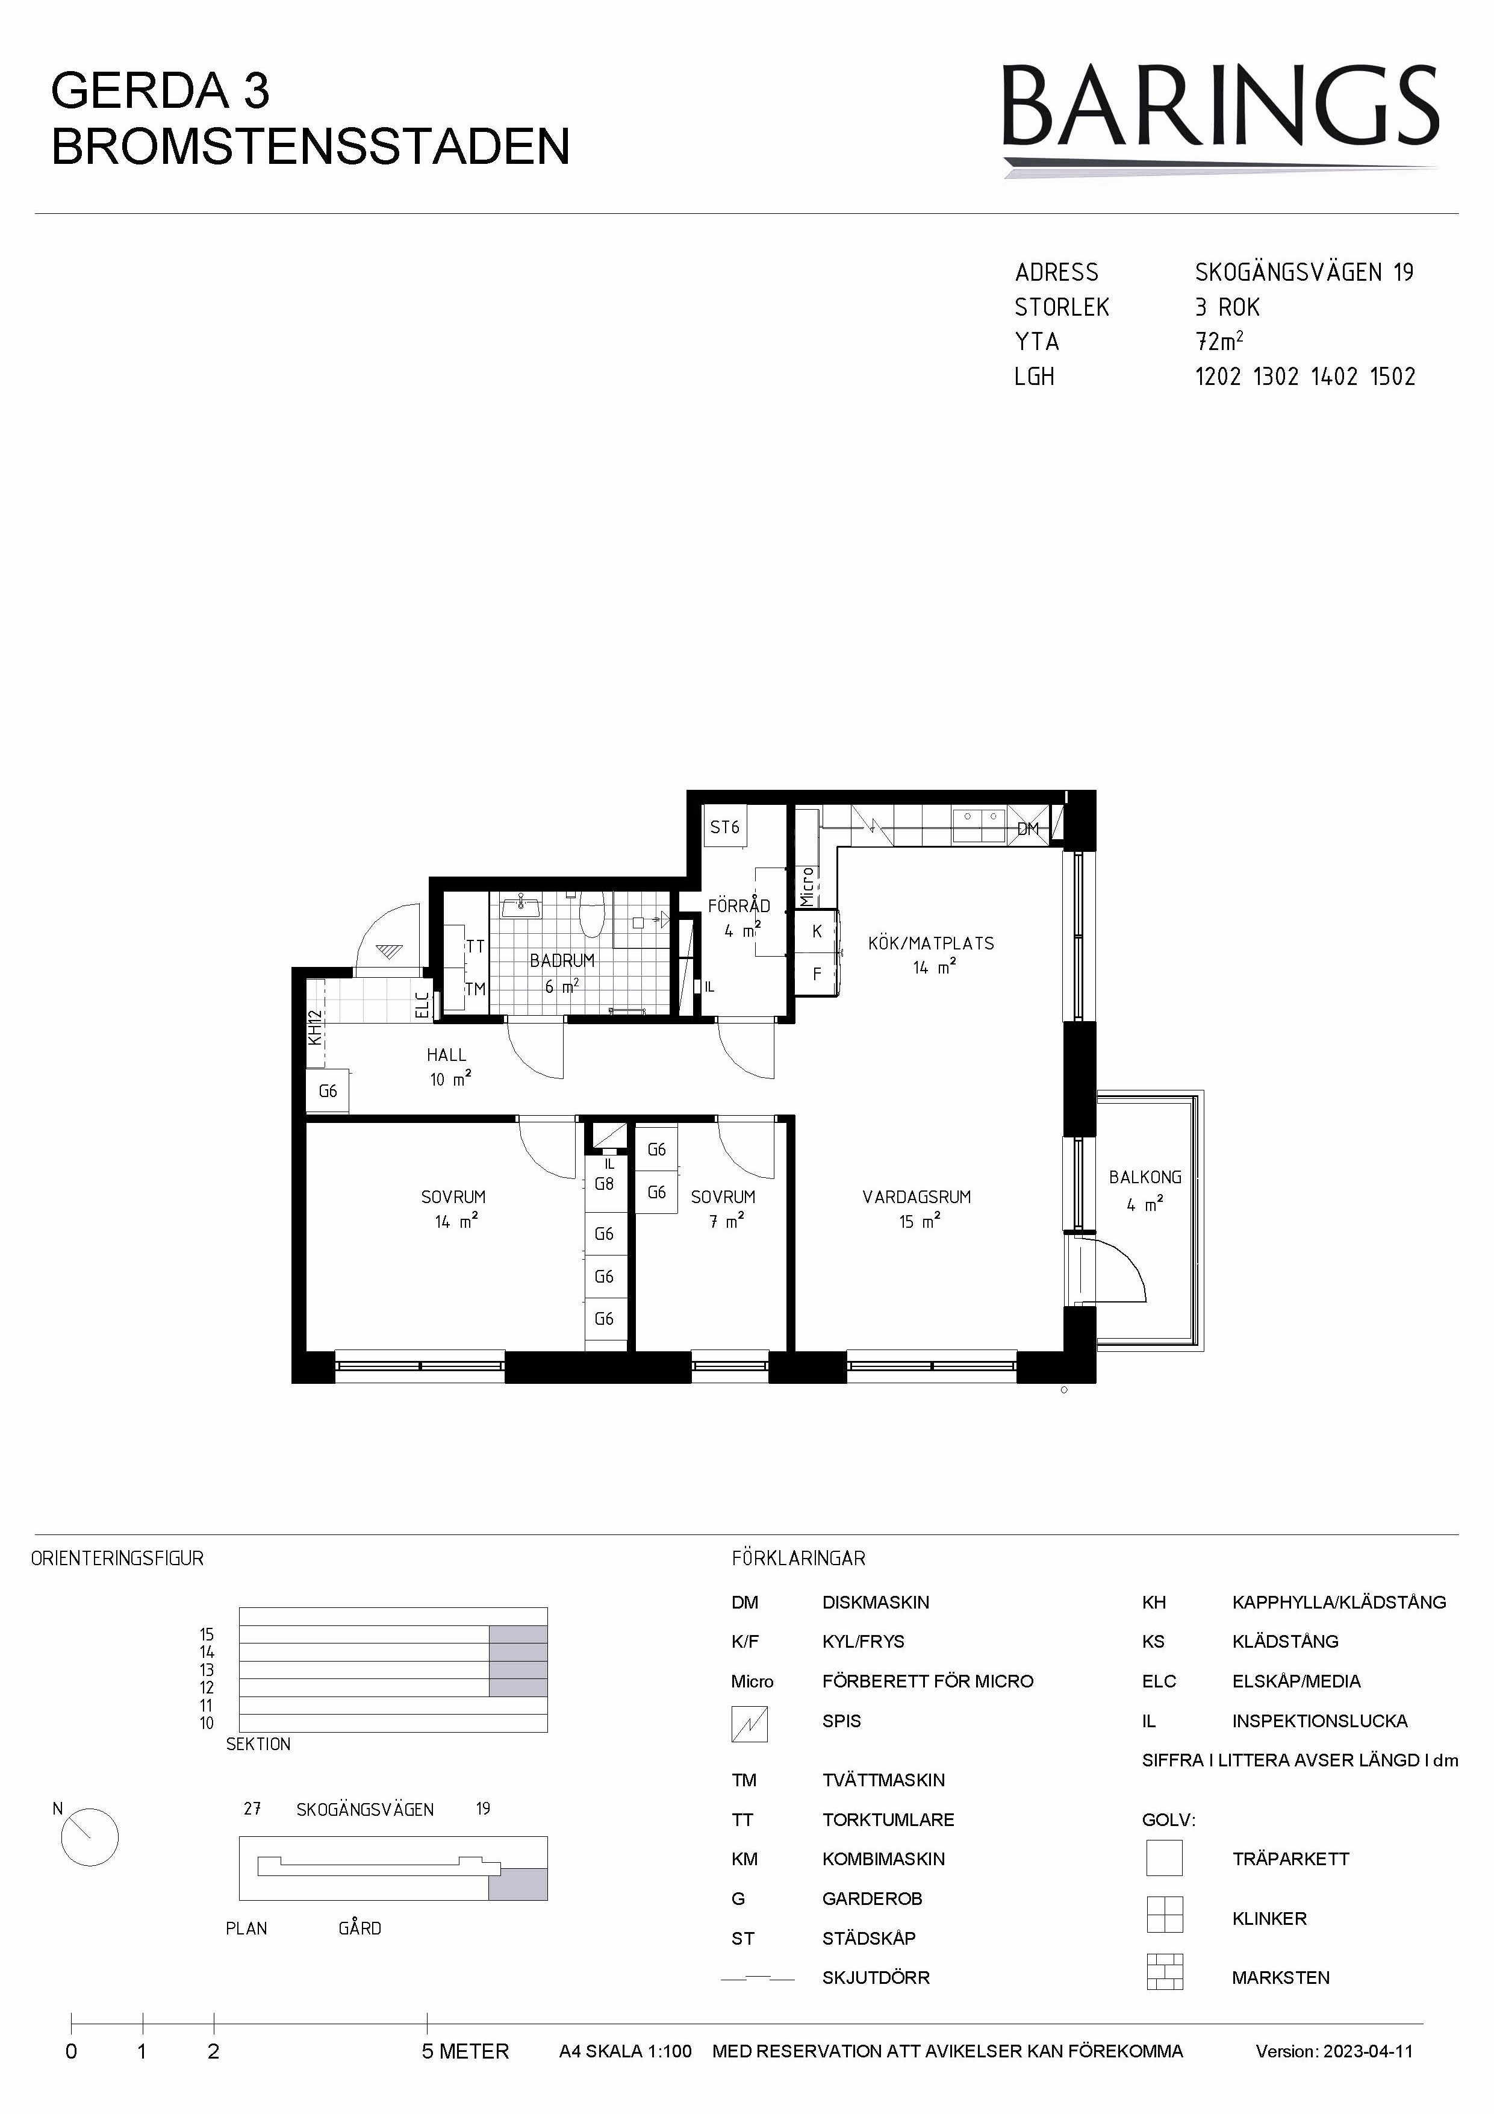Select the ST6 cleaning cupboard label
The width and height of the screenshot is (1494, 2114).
pyautogui.click(x=724, y=827)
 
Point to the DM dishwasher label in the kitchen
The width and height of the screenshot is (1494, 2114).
pyautogui.click(x=1029, y=828)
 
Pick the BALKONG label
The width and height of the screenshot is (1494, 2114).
pyautogui.click(x=1145, y=1177)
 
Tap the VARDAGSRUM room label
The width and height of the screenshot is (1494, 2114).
pyautogui.click(x=917, y=1197)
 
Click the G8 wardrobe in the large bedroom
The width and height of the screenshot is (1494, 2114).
pyautogui.click(x=604, y=1184)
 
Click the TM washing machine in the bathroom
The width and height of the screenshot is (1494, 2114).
pyautogui.click(x=475, y=989)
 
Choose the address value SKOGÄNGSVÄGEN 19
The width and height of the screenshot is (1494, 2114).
pyautogui.click(x=1304, y=272)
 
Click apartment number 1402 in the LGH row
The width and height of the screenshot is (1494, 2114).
pyautogui.click(x=1334, y=377)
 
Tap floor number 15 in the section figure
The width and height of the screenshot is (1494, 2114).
pyautogui.click(x=207, y=1635)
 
